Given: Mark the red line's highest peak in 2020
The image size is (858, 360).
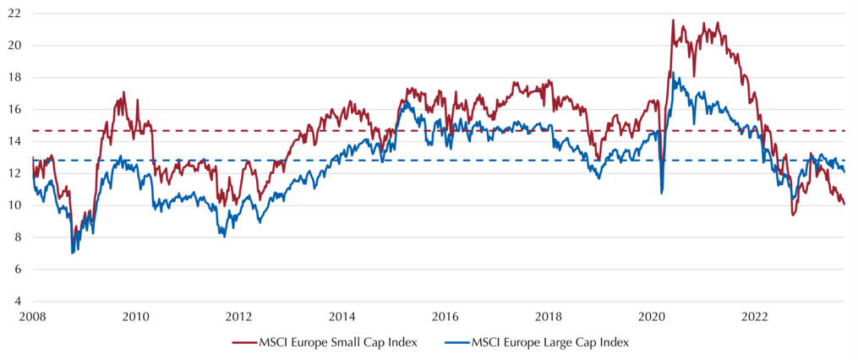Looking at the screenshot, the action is click(x=673, y=19).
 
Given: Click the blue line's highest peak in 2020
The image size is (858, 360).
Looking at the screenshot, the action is click(x=673, y=72).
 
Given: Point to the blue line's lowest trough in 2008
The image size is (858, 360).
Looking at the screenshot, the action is click(x=72, y=254).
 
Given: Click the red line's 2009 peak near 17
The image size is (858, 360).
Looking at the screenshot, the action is click(x=124, y=92).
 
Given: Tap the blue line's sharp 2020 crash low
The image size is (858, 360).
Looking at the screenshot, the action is click(x=662, y=194).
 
